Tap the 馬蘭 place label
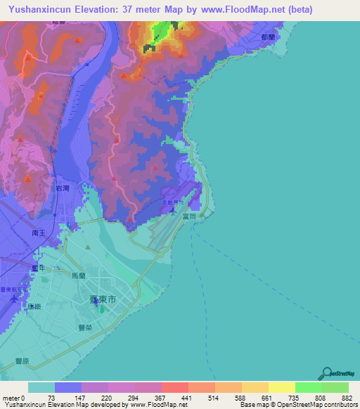tap(78, 276)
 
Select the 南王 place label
tap(39, 231)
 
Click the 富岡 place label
tap(207, 218)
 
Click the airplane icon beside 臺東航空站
tap(15, 299)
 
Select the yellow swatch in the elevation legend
tap(281, 387)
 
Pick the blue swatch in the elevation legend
tap(68, 387)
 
